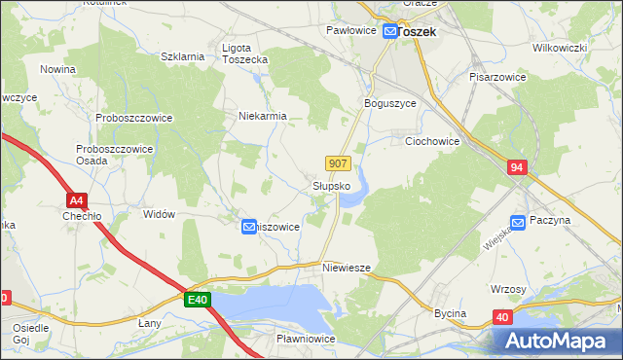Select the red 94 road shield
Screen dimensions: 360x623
click(517, 168)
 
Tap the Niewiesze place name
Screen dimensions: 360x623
click(348, 267)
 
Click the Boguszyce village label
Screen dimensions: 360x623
click(389, 103)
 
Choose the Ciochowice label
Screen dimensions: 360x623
click(432, 141)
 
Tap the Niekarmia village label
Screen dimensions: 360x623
click(262, 116)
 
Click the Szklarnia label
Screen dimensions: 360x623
click(183, 56)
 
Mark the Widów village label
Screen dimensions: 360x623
click(159, 213)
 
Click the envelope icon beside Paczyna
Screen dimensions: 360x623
click(518, 222)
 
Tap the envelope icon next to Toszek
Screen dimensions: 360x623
click(389, 31)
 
